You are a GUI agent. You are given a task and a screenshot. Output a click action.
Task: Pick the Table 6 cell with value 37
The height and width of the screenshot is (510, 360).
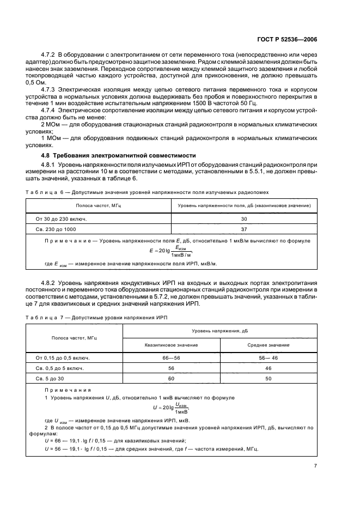[243, 229]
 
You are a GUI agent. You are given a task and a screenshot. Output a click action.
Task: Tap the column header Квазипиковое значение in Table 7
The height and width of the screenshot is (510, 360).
[171, 345]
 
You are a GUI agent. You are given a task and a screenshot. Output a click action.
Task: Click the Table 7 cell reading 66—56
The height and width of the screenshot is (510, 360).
[171, 357]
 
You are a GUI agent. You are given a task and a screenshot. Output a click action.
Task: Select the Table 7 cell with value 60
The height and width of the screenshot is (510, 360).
[171, 378]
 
